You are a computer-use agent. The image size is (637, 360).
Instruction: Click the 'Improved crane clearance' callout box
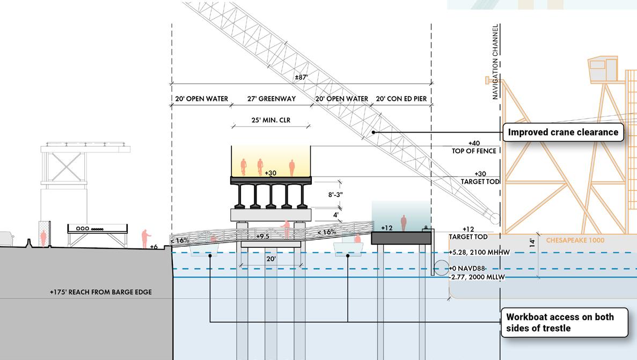coord(563,132)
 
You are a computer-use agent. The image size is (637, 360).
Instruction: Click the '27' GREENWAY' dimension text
coord(271,99)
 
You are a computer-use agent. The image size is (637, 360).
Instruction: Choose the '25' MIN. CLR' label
coord(270,120)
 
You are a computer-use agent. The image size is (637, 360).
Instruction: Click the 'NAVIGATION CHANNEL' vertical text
coord(495,62)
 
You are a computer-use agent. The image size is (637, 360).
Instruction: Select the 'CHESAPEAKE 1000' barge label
coord(575,240)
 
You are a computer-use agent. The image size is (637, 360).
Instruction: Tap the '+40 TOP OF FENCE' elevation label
coord(474,147)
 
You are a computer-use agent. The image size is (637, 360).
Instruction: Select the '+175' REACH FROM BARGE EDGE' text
coord(100,292)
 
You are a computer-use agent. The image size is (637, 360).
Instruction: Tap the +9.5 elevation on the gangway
coord(262,236)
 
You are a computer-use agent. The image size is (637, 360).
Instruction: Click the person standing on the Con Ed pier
coord(403,222)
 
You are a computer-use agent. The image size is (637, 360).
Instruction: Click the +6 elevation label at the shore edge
coord(153,247)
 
